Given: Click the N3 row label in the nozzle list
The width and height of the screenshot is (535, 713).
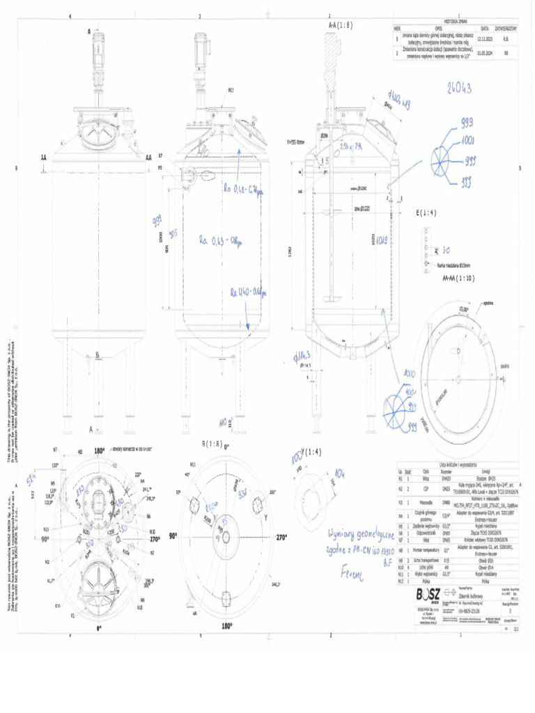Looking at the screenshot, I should click(399, 501).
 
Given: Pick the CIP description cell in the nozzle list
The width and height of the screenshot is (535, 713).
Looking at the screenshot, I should click(425, 489).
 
